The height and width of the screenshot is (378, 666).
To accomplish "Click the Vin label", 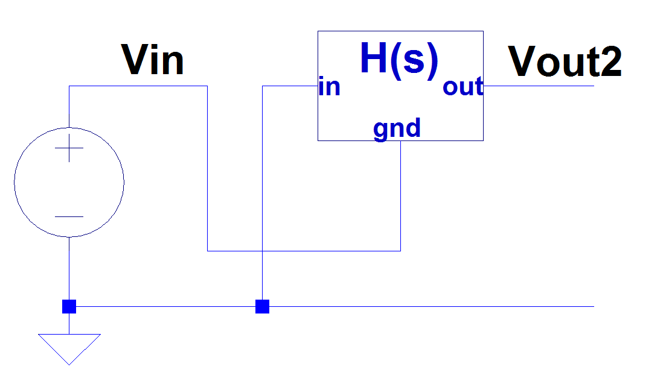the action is (x=153, y=60).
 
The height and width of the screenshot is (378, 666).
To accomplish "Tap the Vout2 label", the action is (x=565, y=61).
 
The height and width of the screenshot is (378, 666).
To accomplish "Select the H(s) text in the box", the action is (x=399, y=60).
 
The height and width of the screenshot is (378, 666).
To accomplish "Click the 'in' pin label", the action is (x=329, y=87).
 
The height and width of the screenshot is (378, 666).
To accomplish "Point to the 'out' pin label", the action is (x=463, y=87).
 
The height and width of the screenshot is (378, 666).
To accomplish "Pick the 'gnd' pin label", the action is (x=397, y=128).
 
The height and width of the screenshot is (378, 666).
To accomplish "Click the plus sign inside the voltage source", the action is (x=69, y=149).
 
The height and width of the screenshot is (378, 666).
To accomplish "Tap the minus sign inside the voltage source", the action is (x=69, y=216).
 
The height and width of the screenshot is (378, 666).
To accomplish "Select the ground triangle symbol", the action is (x=69, y=347).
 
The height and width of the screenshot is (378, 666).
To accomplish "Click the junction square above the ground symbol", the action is (x=69, y=306).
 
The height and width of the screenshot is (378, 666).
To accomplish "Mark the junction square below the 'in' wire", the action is (x=262, y=306).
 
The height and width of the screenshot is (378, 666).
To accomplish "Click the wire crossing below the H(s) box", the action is (x=262, y=250).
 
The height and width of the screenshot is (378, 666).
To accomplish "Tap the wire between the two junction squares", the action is (x=165, y=306).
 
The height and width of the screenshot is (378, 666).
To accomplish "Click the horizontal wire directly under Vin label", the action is (x=138, y=86).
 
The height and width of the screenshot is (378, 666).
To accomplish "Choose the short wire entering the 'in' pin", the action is (x=290, y=86).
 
